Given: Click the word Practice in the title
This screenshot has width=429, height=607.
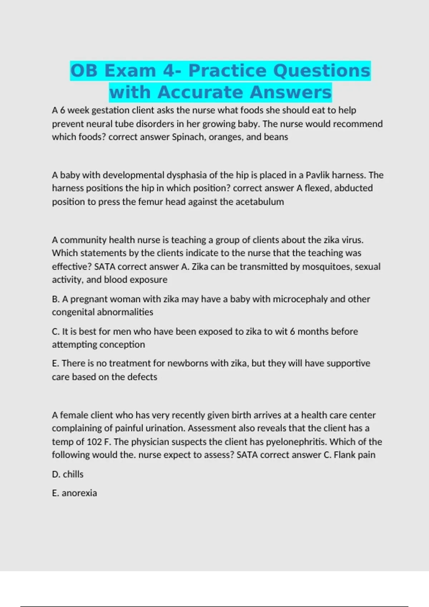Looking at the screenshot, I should [228, 70].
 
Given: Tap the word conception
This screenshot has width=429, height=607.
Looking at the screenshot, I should [122, 345].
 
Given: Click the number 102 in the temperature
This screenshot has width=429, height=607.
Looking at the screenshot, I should [94, 442].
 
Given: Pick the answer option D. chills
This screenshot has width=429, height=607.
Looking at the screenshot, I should [68, 474].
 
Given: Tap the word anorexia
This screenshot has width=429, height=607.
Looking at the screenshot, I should [79, 493].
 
